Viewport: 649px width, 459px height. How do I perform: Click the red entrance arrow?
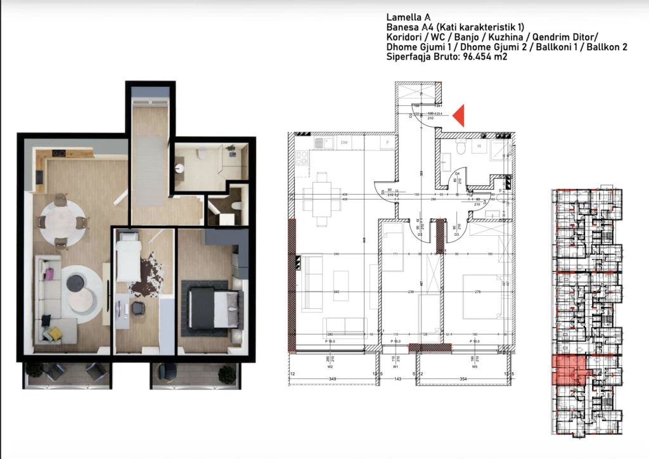(459, 115)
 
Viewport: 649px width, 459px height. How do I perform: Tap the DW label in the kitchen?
(344, 143)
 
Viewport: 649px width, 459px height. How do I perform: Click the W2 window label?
(330, 366)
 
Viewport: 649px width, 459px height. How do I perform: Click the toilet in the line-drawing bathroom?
(461, 148)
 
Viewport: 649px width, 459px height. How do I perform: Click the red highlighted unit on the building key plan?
(569, 370)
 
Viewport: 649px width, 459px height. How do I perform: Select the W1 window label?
(395, 366)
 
